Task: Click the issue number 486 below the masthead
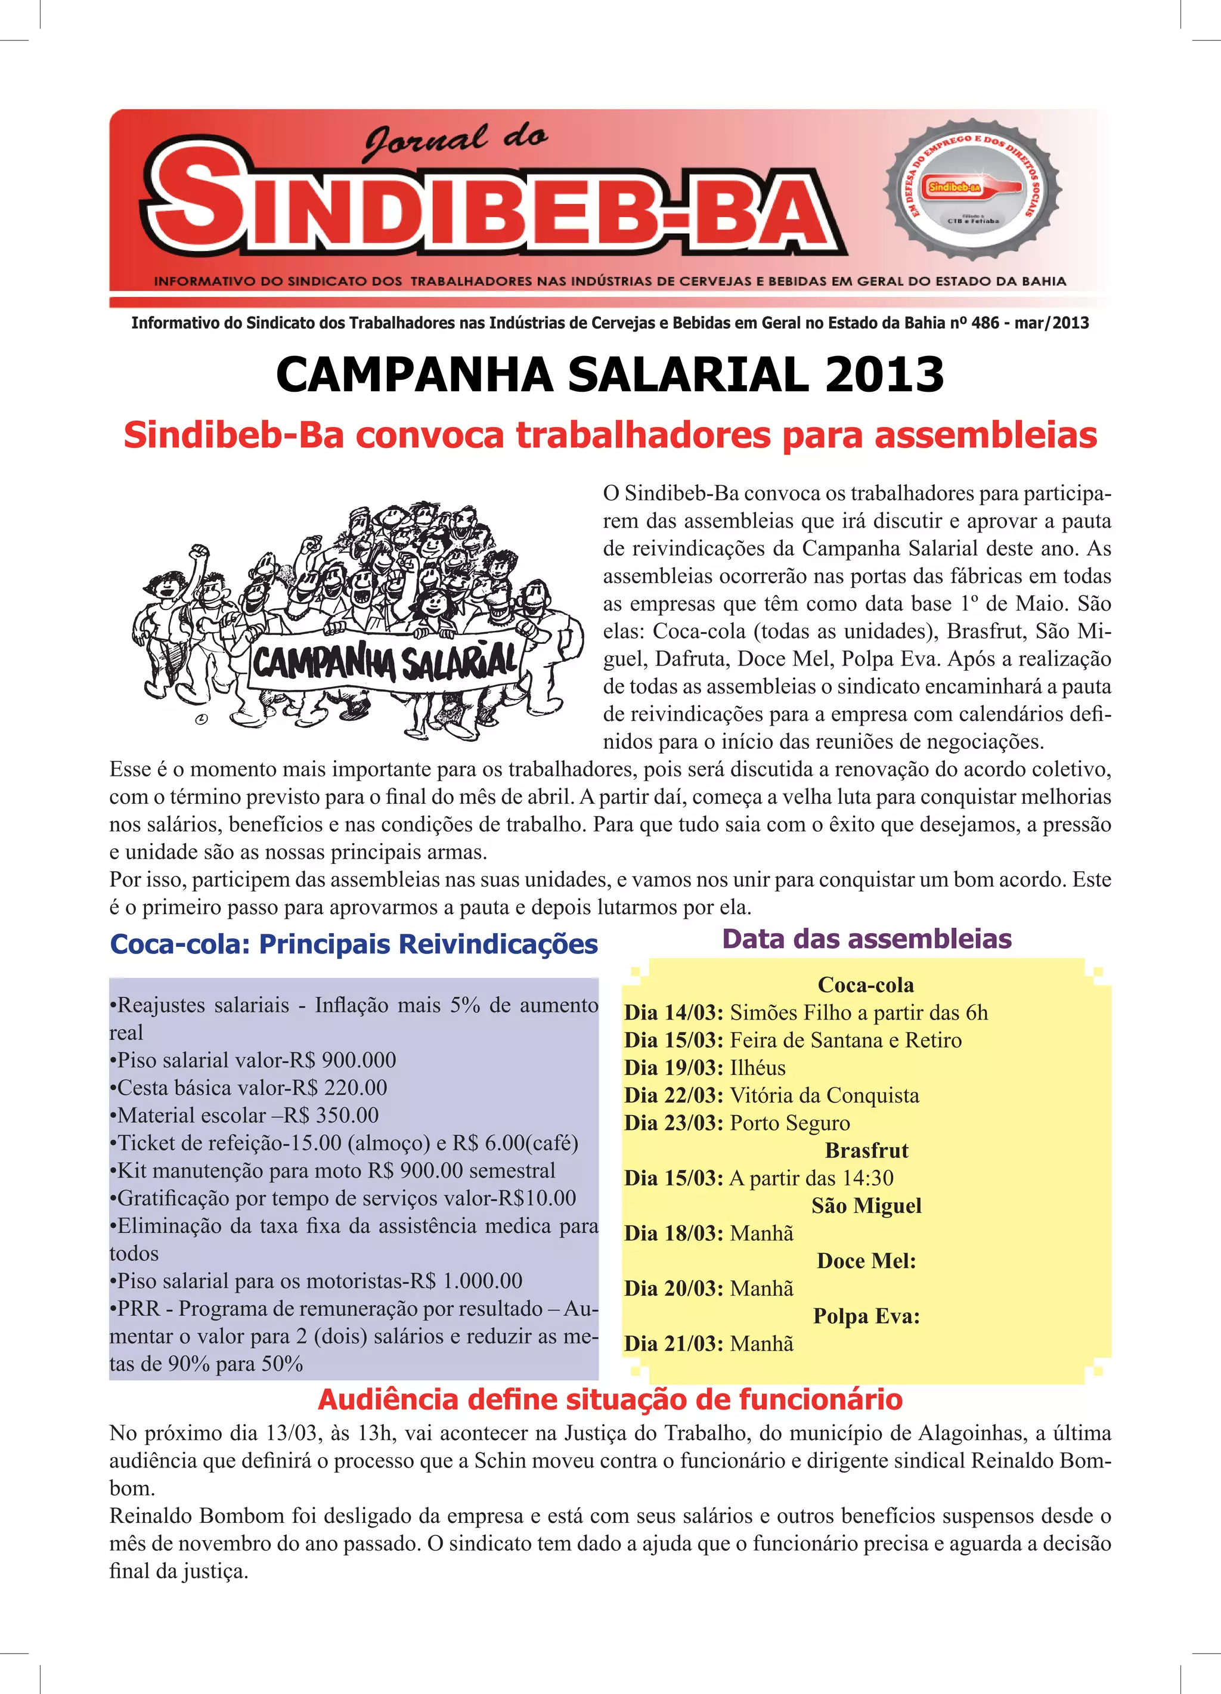click(x=985, y=323)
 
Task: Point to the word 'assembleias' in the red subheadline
click(x=986, y=435)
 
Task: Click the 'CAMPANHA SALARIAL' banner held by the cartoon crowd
click(x=385, y=662)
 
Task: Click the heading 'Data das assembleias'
click(x=866, y=939)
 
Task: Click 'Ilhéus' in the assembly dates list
click(x=757, y=1068)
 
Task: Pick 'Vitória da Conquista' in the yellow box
click(x=825, y=1096)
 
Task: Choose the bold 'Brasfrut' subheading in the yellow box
click(x=866, y=1151)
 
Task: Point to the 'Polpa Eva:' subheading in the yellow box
click(x=866, y=1316)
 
